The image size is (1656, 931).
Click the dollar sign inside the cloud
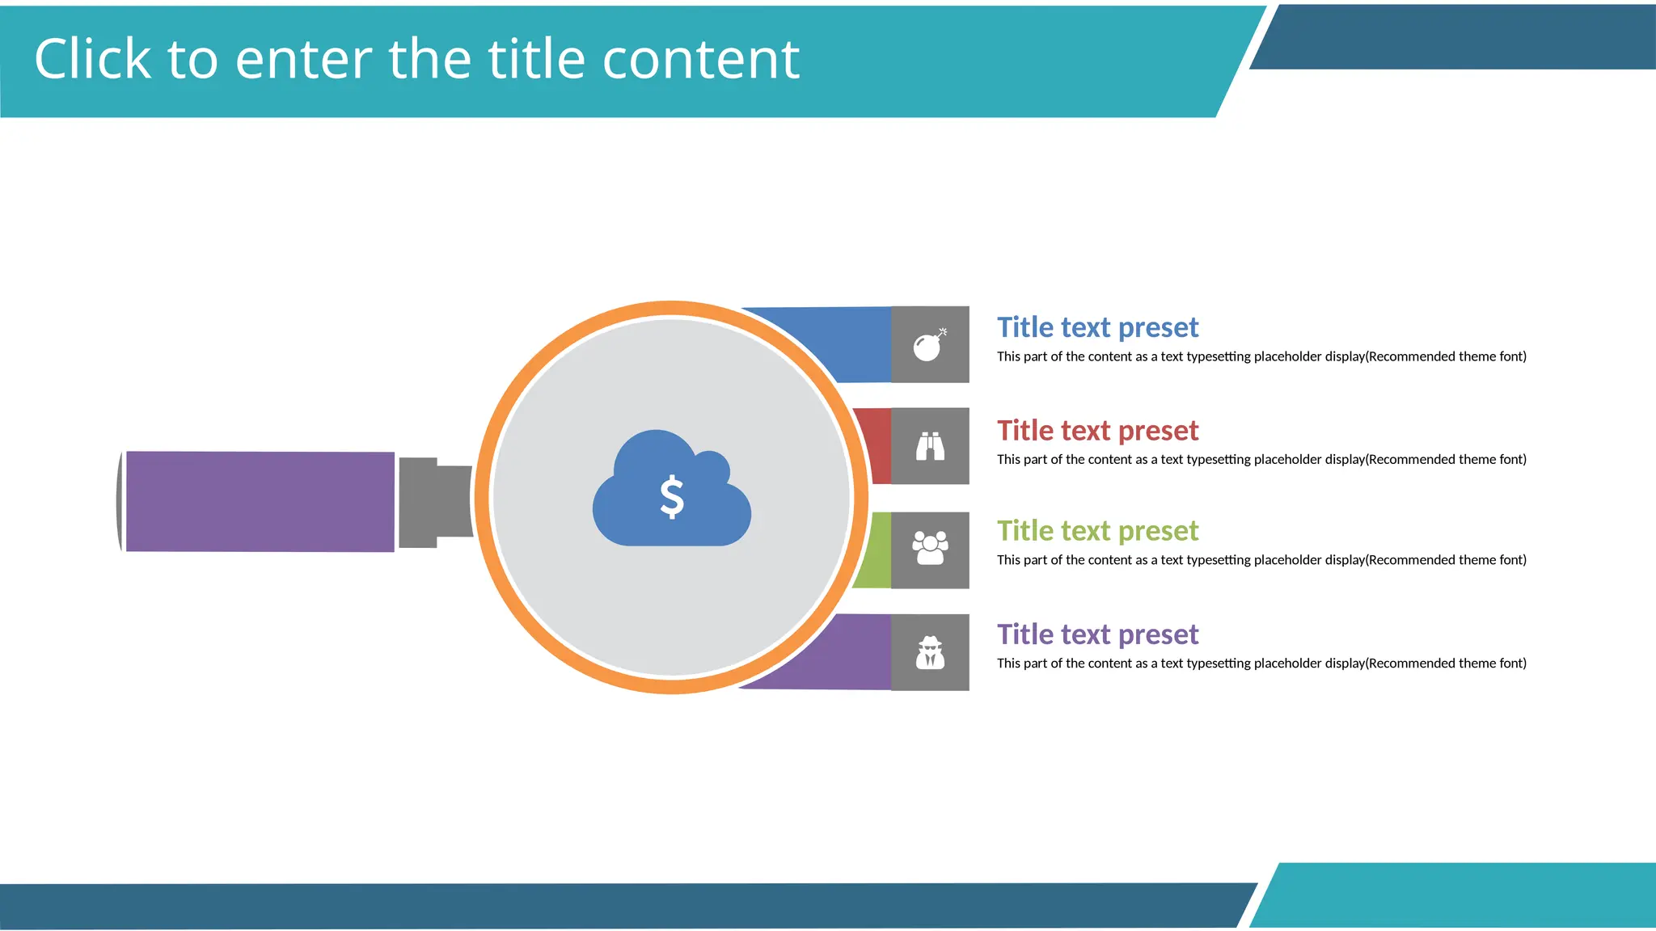click(672, 497)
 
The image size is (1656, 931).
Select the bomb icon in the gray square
click(929, 345)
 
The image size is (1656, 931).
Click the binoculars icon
click(930, 446)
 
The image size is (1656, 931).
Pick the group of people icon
click(930, 549)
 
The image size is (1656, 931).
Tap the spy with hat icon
click(930, 652)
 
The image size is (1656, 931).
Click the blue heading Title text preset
click(1097, 327)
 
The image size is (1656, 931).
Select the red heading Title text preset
click(1097, 431)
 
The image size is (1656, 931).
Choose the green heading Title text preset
click(1097, 531)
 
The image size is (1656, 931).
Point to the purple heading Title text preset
click(1097, 634)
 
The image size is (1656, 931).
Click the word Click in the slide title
click(92, 59)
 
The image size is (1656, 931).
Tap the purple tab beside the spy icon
click(841, 653)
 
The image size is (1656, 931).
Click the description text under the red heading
click(1261, 460)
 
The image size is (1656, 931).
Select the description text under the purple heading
click(1261, 663)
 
